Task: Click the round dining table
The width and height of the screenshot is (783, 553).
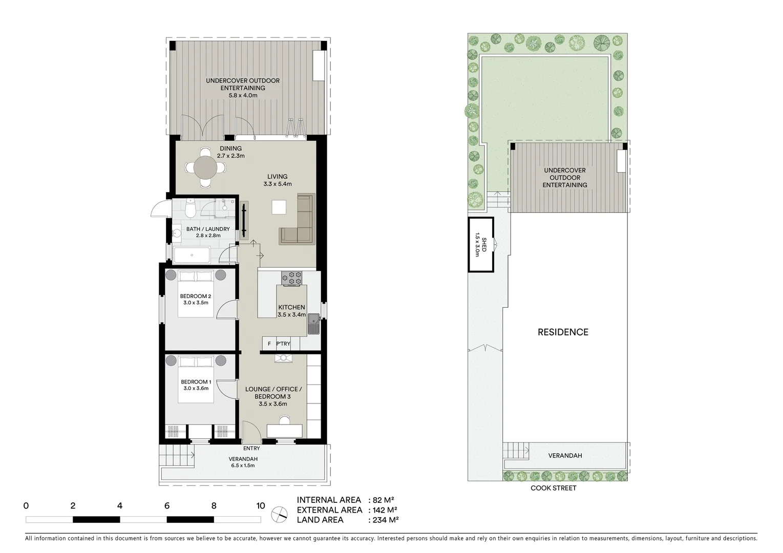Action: pyautogui.click(x=205, y=167)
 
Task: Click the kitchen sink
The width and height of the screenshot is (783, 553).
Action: pyautogui.click(x=313, y=323)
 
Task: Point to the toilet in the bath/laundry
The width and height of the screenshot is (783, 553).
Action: pyautogui.click(x=191, y=209)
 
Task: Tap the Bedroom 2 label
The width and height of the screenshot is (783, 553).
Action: pyautogui.click(x=195, y=296)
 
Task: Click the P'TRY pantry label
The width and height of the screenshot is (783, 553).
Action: pyautogui.click(x=283, y=344)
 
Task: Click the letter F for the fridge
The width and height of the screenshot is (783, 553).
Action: pyautogui.click(x=269, y=344)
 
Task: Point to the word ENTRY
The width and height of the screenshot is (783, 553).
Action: pyautogui.click(x=251, y=449)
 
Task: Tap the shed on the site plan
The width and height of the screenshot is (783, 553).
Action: pyautogui.click(x=480, y=245)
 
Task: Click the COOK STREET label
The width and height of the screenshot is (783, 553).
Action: pyautogui.click(x=553, y=488)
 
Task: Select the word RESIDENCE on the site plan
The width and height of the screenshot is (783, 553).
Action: pyautogui.click(x=563, y=332)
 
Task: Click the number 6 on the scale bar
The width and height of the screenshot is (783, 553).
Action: pyautogui.click(x=167, y=506)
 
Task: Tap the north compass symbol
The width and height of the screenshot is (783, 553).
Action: pyautogui.click(x=280, y=513)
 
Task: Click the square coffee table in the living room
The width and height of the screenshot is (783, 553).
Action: pyautogui.click(x=280, y=206)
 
